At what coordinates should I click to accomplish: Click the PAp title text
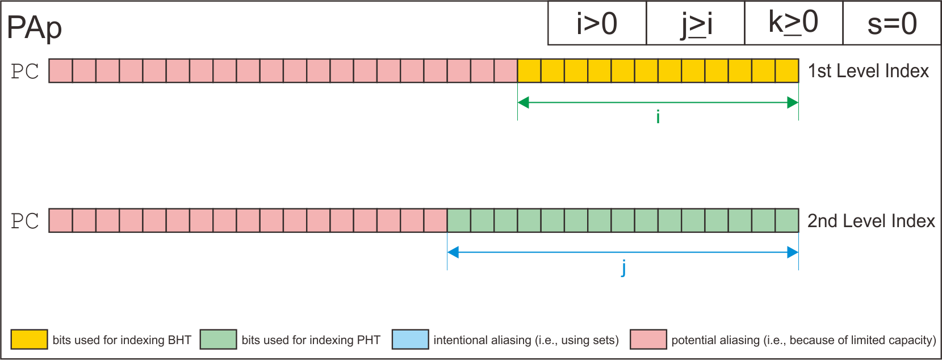click(x=35, y=27)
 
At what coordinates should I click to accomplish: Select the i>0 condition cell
click(x=597, y=24)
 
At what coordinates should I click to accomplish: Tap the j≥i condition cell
click(x=696, y=24)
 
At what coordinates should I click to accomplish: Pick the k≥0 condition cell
click(x=793, y=24)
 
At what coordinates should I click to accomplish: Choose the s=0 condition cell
click(x=891, y=24)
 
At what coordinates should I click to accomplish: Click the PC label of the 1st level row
click(x=25, y=72)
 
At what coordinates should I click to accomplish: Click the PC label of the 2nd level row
click(x=25, y=221)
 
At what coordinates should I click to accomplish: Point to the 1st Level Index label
click(x=868, y=71)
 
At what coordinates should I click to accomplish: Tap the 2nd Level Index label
click(x=871, y=221)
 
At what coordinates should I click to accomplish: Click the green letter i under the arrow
click(x=658, y=117)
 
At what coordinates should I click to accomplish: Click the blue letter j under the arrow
click(x=623, y=267)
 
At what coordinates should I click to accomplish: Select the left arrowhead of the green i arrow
click(x=523, y=103)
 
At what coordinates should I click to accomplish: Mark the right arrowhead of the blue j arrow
click(x=793, y=253)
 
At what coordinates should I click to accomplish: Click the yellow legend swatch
click(x=29, y=340)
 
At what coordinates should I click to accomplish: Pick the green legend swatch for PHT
click(x=218, y=340)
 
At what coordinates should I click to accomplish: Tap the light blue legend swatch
click(x=410, y=340)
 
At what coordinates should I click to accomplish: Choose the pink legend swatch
click(x=648, y=340)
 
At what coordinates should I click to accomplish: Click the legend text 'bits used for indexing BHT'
click(x=122, y=340)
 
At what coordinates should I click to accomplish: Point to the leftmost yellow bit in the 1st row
click(x=529, y=71)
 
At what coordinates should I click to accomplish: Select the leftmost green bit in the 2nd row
click(x=459, y=221)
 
